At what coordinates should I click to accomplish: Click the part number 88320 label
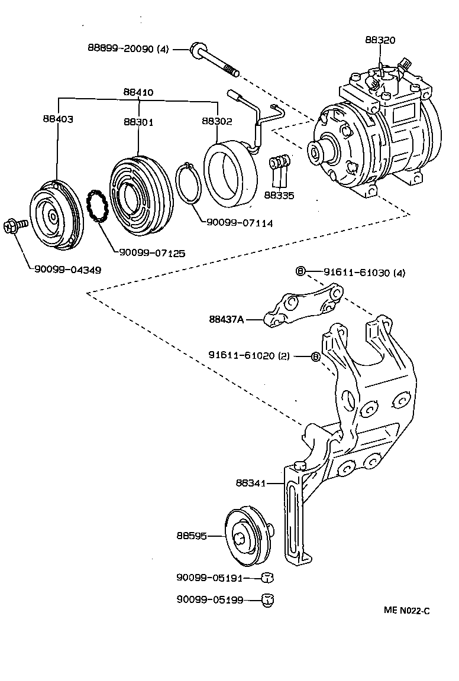pyautogui.click(x=380, y=40)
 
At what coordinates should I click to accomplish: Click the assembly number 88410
pyautogui.click(x=138, y=92)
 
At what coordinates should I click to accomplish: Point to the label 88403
pyautogui.click(x=57, y=119)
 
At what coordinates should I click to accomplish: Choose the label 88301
pyautogui.click(x=138, y=122)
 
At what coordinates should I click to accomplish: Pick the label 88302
pyautogui.click(x=217, y=121)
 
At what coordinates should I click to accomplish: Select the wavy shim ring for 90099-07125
pyautogui.click(x=96, y=206)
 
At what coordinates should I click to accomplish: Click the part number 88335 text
pyautogui.click(x=279, y=195)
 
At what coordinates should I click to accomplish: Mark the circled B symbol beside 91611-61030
pyautogui.click(x=300, y=272)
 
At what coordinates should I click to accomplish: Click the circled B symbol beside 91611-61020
pyautogui.click(x=315, y=356)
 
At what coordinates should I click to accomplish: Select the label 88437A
pyautogui.click(x=226, y=319)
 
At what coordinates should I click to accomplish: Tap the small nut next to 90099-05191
pyautogui.click(x=267, y=578)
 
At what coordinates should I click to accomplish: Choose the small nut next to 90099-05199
pyautogui.click(x=267, y=600)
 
